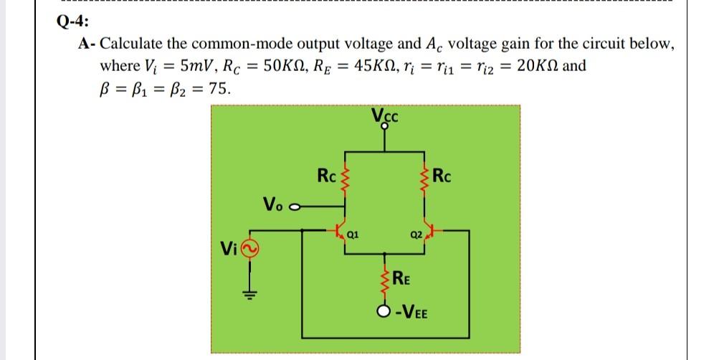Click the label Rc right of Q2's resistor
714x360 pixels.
tap(445, 175)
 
